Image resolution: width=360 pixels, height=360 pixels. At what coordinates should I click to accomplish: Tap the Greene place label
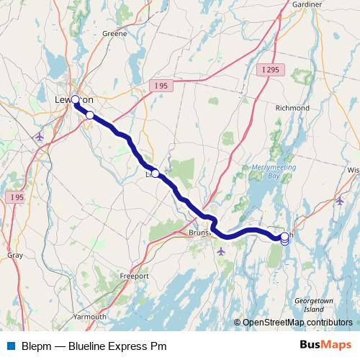[x=114, y=33]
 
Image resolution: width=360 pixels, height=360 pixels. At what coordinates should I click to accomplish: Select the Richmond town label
[x=292, y=108]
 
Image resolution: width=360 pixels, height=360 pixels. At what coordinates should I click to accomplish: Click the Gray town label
[x=14, y=255]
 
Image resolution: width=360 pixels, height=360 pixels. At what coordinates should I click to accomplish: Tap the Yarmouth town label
[x=89, y=317]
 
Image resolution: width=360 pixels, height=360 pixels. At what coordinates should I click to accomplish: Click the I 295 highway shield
[x=271, y=69]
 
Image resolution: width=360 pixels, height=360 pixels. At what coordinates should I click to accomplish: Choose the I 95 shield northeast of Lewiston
[x=160, y=85]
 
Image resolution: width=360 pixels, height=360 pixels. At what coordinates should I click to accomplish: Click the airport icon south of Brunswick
[x=220, y=251]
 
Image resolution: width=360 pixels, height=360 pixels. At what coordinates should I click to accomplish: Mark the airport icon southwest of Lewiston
[x=39, y=136]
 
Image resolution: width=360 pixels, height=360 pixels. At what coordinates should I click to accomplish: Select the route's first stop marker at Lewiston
[x=75, y=100]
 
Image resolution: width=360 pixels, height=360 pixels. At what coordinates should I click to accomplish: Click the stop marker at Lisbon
[x=155, y=174]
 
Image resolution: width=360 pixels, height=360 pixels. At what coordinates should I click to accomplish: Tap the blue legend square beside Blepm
[x=10, y=346]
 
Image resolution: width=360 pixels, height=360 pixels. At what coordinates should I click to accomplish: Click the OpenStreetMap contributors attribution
[x=297, y=322]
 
